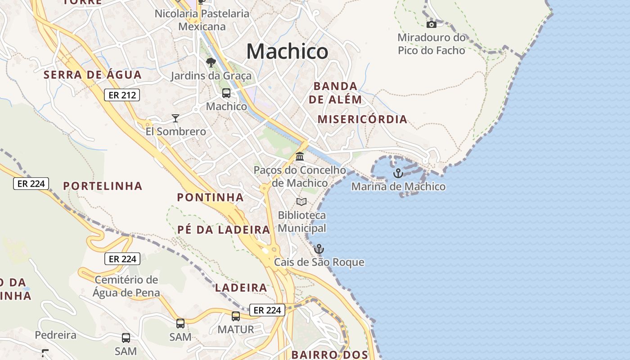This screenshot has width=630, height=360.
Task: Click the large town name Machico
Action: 287,51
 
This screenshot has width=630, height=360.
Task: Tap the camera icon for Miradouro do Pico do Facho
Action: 431,24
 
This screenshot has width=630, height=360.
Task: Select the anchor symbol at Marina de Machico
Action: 398,173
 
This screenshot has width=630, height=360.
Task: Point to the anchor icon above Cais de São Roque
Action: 319,248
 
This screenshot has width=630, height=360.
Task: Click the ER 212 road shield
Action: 122,95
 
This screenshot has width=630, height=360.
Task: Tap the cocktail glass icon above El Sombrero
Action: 175,118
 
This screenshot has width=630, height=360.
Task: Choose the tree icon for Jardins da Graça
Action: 211,63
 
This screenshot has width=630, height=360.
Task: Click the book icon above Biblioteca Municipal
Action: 301,202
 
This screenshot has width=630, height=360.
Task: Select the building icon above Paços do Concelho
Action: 300,157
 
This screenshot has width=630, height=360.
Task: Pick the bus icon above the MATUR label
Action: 236,316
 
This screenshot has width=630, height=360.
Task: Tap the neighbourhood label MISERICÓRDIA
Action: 362,119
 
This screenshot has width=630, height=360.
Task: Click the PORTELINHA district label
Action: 103,186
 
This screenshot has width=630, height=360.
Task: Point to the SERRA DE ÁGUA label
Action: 93,75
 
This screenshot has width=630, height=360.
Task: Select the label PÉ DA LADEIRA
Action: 224,229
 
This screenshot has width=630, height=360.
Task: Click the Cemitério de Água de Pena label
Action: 126,286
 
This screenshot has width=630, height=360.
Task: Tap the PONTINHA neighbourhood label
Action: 210,197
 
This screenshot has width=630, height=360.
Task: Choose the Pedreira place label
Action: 56,335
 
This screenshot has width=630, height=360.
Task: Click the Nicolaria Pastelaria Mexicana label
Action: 202,20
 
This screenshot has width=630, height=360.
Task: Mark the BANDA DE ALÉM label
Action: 335,93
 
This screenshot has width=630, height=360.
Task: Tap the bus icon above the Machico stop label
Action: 226,93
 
